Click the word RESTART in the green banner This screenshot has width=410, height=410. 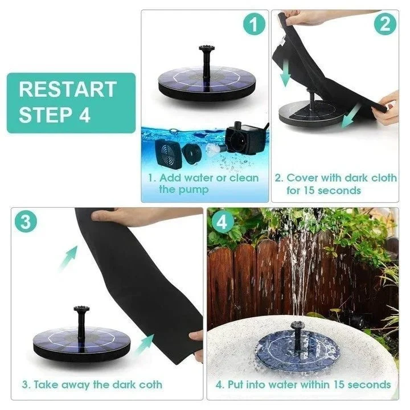click(x=67, y=89)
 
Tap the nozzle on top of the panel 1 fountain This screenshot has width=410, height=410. click(x=204, y=58)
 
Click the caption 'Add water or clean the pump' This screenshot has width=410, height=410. click(x=203, y=183)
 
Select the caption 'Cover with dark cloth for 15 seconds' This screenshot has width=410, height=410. click(x=335, y=183)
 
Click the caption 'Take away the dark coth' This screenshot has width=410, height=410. click(x=93, y=384)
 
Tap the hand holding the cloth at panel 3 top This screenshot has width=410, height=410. click(x=122, y=215)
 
